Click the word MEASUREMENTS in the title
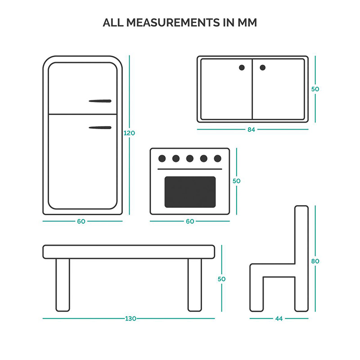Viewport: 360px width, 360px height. [x=173, y=22]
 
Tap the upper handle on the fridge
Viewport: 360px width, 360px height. [x=100, y=101]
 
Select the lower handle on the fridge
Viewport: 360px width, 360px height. [x=100, y=128]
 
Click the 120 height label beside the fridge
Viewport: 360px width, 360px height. [x=129, y=133]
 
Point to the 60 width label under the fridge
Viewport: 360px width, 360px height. [x=81, y=221]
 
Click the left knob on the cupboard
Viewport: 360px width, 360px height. [x=242, y=67]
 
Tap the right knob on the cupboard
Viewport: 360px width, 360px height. [x=263, y=67]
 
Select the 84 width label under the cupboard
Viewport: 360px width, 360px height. [x=251, y=130]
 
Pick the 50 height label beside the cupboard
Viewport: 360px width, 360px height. [x=315, y=89]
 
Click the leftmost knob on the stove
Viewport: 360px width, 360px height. [x=162, y=158]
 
